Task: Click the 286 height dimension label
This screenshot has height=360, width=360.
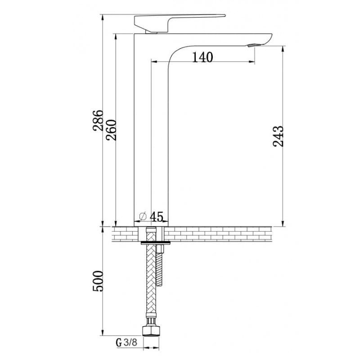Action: coord(98,121)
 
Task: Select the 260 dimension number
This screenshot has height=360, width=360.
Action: coord(111,130)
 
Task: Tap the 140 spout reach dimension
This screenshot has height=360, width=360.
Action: coord(202,58)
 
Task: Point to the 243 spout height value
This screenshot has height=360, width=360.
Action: coord(278,136)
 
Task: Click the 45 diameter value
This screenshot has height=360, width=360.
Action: coord(157,217)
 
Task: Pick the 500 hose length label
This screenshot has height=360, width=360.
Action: coord(98,281)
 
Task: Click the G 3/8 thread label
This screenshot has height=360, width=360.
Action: coord(126,343)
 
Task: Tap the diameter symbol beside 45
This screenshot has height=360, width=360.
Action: coord(143,216)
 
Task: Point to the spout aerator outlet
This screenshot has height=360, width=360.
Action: coord(254,45)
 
